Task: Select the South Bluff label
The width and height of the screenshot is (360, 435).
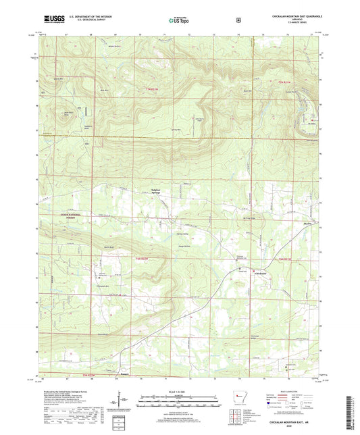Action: click(100, 334)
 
